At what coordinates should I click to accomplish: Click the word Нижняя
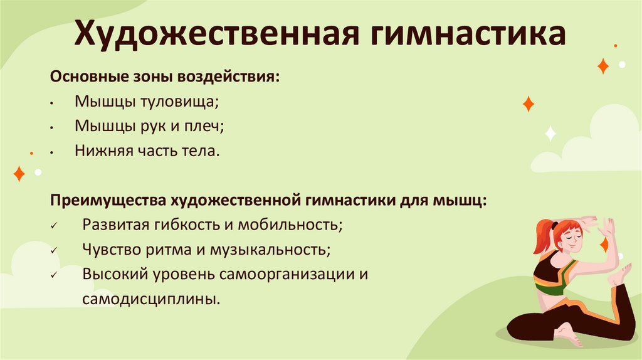pyautogui.click(x=100, y=151)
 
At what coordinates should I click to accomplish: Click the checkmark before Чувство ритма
pyautogui.click(x=55, y=250)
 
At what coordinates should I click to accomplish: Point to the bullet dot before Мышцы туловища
pyautogui.click(x=55, y=102)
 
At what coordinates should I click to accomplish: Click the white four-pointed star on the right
pyautogui.click(x=550, y=133)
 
